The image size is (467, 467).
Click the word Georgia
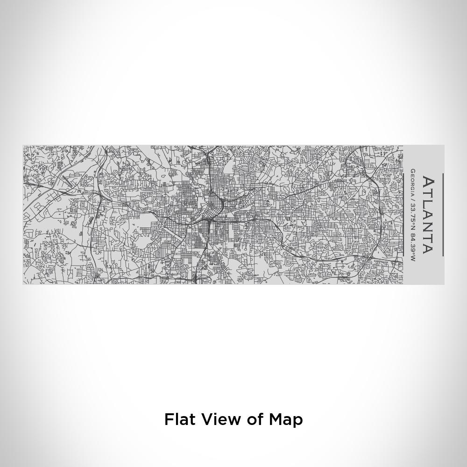(x=413, y=182)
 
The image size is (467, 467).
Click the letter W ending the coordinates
(x=413, y=258)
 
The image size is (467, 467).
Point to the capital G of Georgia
(x=413, y=171)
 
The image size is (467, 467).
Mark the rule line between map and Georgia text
(x=403, y=215)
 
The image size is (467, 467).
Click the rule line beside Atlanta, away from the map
(x=443, y=215)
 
